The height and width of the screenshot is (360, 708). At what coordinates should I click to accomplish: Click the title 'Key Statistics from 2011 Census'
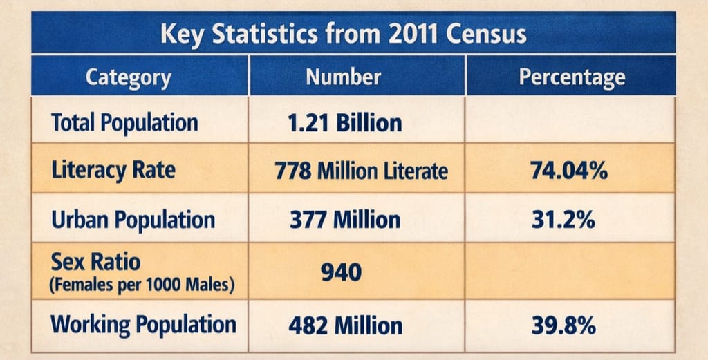[344, 34]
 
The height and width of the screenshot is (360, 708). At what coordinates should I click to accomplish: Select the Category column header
[129, 77]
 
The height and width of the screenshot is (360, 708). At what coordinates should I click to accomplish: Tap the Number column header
[343, 76]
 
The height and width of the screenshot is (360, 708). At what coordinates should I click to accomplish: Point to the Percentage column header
[572, 77]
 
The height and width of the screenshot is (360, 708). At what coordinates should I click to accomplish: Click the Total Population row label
[124, 123]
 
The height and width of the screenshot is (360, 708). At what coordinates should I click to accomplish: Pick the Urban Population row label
[133, 220]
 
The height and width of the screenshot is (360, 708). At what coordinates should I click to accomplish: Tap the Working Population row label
[144, 324]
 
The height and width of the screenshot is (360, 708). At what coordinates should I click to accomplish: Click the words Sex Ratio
[95, 262]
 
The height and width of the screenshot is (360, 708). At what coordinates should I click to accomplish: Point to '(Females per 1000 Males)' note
[140, 283]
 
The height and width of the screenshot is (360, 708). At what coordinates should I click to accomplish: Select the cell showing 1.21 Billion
[344, 123]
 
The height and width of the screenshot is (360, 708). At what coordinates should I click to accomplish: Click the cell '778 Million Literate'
[361, 170]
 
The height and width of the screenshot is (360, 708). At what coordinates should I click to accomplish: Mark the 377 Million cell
[344, 220]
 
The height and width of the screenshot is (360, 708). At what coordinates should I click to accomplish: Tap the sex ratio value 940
[341, 272]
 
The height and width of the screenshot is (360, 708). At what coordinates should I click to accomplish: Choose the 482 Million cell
[346, 325]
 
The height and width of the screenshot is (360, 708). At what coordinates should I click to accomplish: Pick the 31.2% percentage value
[563, 220]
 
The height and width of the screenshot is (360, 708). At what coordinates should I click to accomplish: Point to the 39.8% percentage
[563, 325]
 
